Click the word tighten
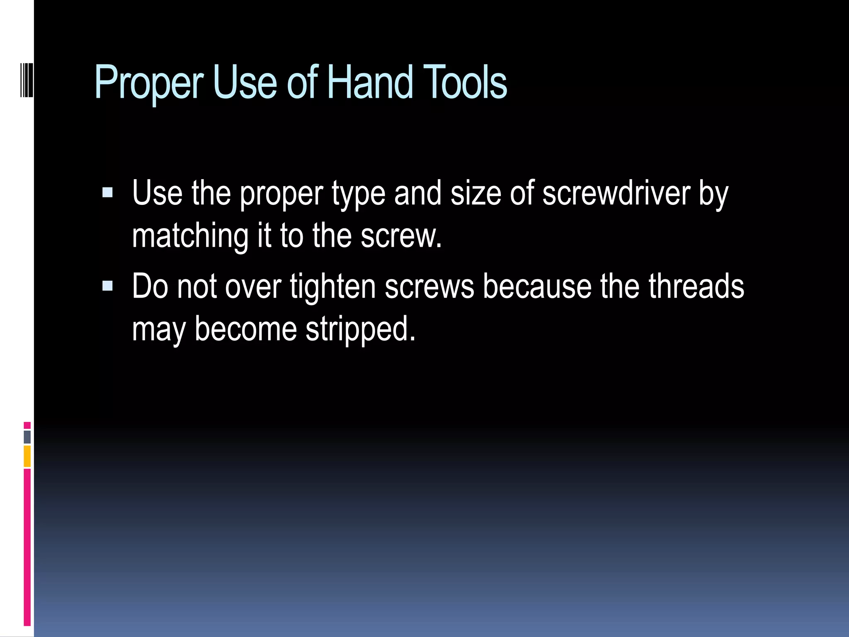[x=332, y=287]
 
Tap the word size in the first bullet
[x=475, y=193]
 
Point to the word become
[x=246, y=329]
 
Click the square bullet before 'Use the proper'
[x=107, y=192]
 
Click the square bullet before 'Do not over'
[x=107, y=286]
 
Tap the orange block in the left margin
[x=27, y=456]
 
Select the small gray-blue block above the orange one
[x=27, y=437]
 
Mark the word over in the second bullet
[x=253, y=287]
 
